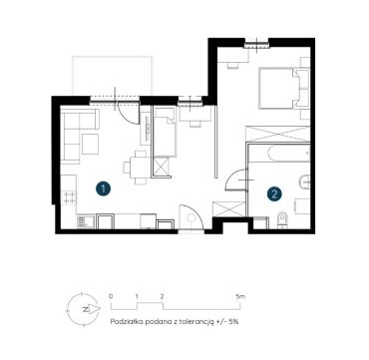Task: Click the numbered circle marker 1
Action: coord(104,188)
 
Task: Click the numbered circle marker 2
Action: coord(274,193)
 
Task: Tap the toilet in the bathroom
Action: coord(282,220)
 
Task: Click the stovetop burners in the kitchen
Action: coord(70,197)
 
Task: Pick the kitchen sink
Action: coord(82,221)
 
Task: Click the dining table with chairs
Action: coord(137,168)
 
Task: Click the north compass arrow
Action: coord(94,309)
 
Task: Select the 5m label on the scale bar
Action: coord(240,296)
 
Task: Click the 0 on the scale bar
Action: coord(111,296)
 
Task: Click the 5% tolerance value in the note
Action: coord(234,322)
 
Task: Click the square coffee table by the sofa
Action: coord(90,144)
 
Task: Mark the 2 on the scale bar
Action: coord(162,296)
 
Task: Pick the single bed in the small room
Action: coord(165,132)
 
